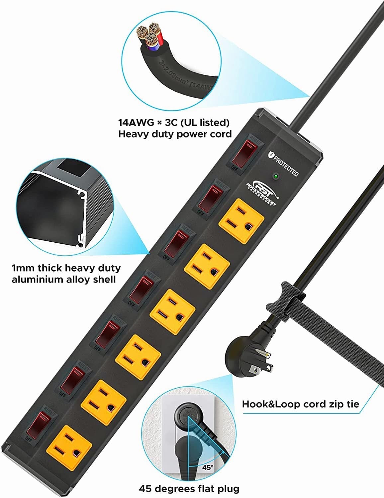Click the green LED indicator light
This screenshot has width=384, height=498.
[x=275, y=176]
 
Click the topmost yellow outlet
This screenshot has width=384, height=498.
[x=241, y=220]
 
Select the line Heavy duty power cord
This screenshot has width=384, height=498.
[x=175, y=134]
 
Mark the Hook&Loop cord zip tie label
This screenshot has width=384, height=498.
[x=300, y=404]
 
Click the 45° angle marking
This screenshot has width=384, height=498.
[x=208, y=467]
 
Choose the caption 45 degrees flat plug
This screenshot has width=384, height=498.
[x=189, y=489]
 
